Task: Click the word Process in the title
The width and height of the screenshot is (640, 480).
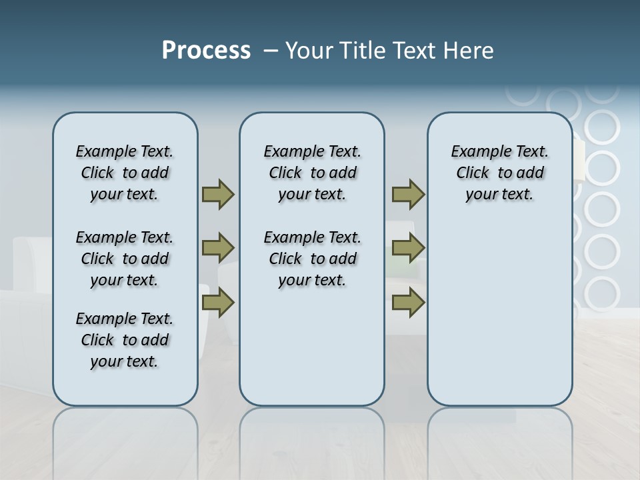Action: point(206,50)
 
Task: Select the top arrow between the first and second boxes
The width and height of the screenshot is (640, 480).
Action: point(217,194)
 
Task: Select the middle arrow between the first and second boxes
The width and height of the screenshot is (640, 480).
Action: point(217,248)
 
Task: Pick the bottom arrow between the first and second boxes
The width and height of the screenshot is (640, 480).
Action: point(217,303)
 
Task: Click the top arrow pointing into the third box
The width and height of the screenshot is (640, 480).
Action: point(408,194)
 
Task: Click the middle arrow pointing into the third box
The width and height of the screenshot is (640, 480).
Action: point(408,248)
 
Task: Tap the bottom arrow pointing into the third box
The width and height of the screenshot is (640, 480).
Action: point(408,303)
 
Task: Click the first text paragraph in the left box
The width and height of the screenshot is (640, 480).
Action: point(125,173)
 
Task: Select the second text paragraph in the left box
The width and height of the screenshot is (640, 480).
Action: point(125,259)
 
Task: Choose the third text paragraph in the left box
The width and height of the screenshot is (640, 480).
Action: point(125,340)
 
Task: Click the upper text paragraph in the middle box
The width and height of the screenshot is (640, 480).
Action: point(312,173)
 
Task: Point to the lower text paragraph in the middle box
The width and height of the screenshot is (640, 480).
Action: point(312,259)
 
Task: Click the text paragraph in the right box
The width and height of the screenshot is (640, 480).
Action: point(499,173)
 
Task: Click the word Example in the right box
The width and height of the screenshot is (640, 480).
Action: point(476,152)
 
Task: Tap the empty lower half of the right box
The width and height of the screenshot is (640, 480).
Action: point(499,313)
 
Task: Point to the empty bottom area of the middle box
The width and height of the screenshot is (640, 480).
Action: point(312,353)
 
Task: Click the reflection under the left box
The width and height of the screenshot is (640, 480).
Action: point(125,433)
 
